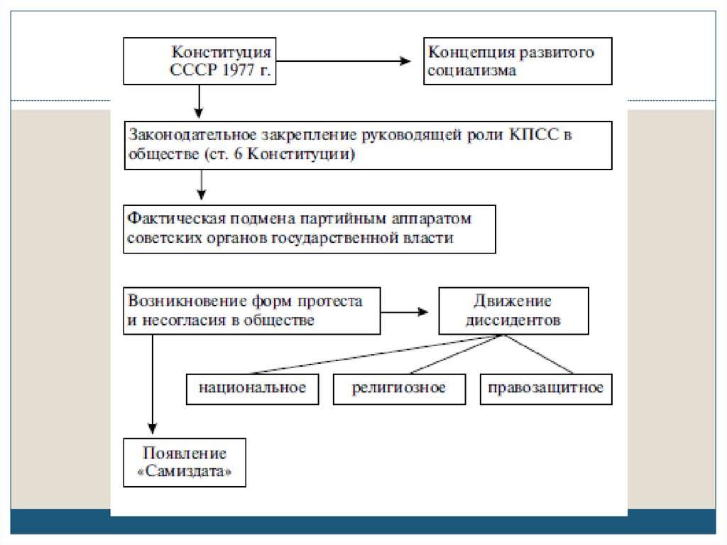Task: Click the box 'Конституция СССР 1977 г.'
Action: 199,62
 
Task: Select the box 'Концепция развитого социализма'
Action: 517,62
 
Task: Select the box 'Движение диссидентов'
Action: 513,311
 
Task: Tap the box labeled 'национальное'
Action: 252,388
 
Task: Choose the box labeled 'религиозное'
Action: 399,388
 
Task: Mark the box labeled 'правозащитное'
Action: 545,388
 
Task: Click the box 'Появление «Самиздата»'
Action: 185,463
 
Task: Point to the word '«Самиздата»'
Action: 185,472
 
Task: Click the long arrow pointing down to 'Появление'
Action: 151,384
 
